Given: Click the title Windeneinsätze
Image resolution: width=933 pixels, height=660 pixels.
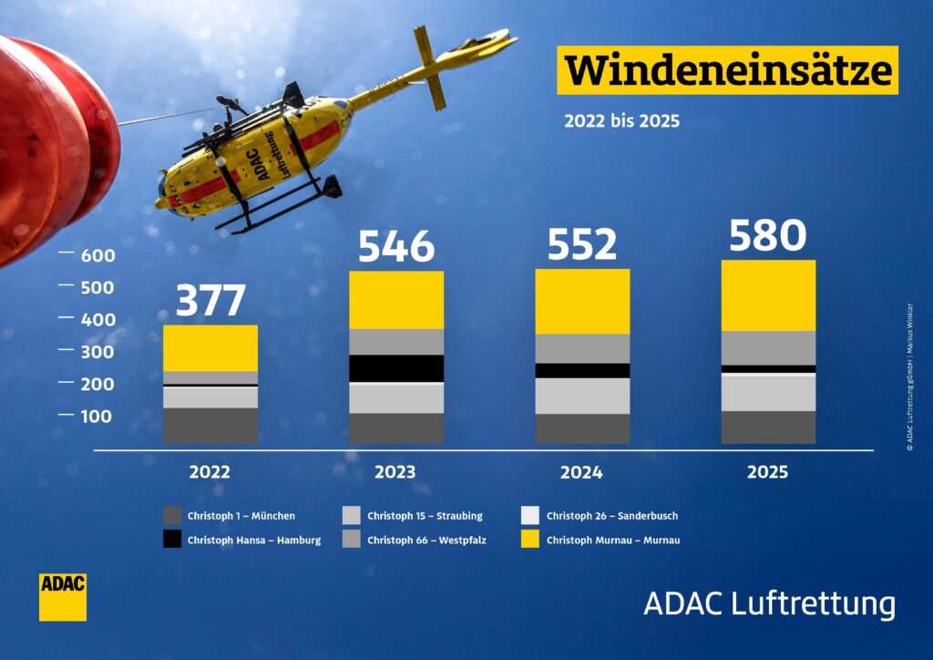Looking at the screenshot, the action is pyautogui.click(x=728, y=70).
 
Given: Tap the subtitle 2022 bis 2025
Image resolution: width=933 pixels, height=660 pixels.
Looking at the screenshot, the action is pyautogui.click(x=621, y=121).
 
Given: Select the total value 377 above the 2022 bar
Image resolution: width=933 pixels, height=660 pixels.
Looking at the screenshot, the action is pyautogui.click(x=210, y=300).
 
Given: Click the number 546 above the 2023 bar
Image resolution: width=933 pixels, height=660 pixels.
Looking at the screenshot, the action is pyautogui.click(x=396, y=246).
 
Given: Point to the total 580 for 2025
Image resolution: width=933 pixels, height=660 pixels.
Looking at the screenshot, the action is pyautogui.click(x=767, y=235).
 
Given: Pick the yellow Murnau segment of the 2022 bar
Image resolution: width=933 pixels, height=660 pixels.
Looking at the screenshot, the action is pyautogui.click(x=210, y=348).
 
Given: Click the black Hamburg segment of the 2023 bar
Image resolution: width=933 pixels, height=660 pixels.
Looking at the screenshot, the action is pyautogui.click(x=396, y=368).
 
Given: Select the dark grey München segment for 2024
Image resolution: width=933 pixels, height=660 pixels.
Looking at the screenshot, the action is pyautogui.click(x=582, y=428).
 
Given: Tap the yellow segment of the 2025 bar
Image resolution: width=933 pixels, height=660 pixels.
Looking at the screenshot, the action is pyautogui.click(x=768, y=295).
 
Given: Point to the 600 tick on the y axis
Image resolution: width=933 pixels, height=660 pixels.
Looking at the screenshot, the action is pyautogui.click(x=97, y=255).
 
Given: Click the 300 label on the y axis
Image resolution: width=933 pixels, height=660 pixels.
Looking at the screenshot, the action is pyautogui.click(x=97, y=352).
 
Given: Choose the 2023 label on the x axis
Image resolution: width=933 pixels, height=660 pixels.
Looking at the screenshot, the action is pyautogui.click(x=395, y=472).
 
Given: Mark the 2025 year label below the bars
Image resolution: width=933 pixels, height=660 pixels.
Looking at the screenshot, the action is pyautogui.click(x=767, y=472).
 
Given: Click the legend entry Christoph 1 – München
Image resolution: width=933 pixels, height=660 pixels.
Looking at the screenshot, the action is pyautogui.click(x=229, y=515).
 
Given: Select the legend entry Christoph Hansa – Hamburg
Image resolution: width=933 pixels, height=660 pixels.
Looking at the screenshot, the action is pyautogui.click(x=242, y=540).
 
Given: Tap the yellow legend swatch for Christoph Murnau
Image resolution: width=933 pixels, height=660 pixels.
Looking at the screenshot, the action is pyautogui.click(x=529, y=539).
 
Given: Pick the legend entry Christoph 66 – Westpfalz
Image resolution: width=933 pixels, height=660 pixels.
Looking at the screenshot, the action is pyautogui.click(x=415, y=540).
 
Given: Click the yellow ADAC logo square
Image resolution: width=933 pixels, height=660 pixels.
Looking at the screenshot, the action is pyautogui.click(x=63, y=597).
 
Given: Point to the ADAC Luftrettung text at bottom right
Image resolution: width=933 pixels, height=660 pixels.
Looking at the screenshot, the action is pyautogui.click(x=769, y=603).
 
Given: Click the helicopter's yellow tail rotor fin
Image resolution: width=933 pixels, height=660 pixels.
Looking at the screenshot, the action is pyautogui.click(x=430, y=67).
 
